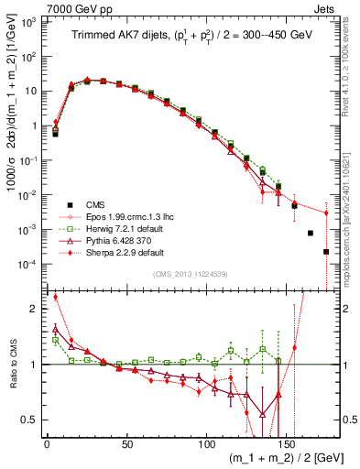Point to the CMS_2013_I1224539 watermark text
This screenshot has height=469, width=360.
click(x=192, y=273)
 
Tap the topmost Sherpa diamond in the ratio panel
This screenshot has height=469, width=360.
click(x=56, y=297)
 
